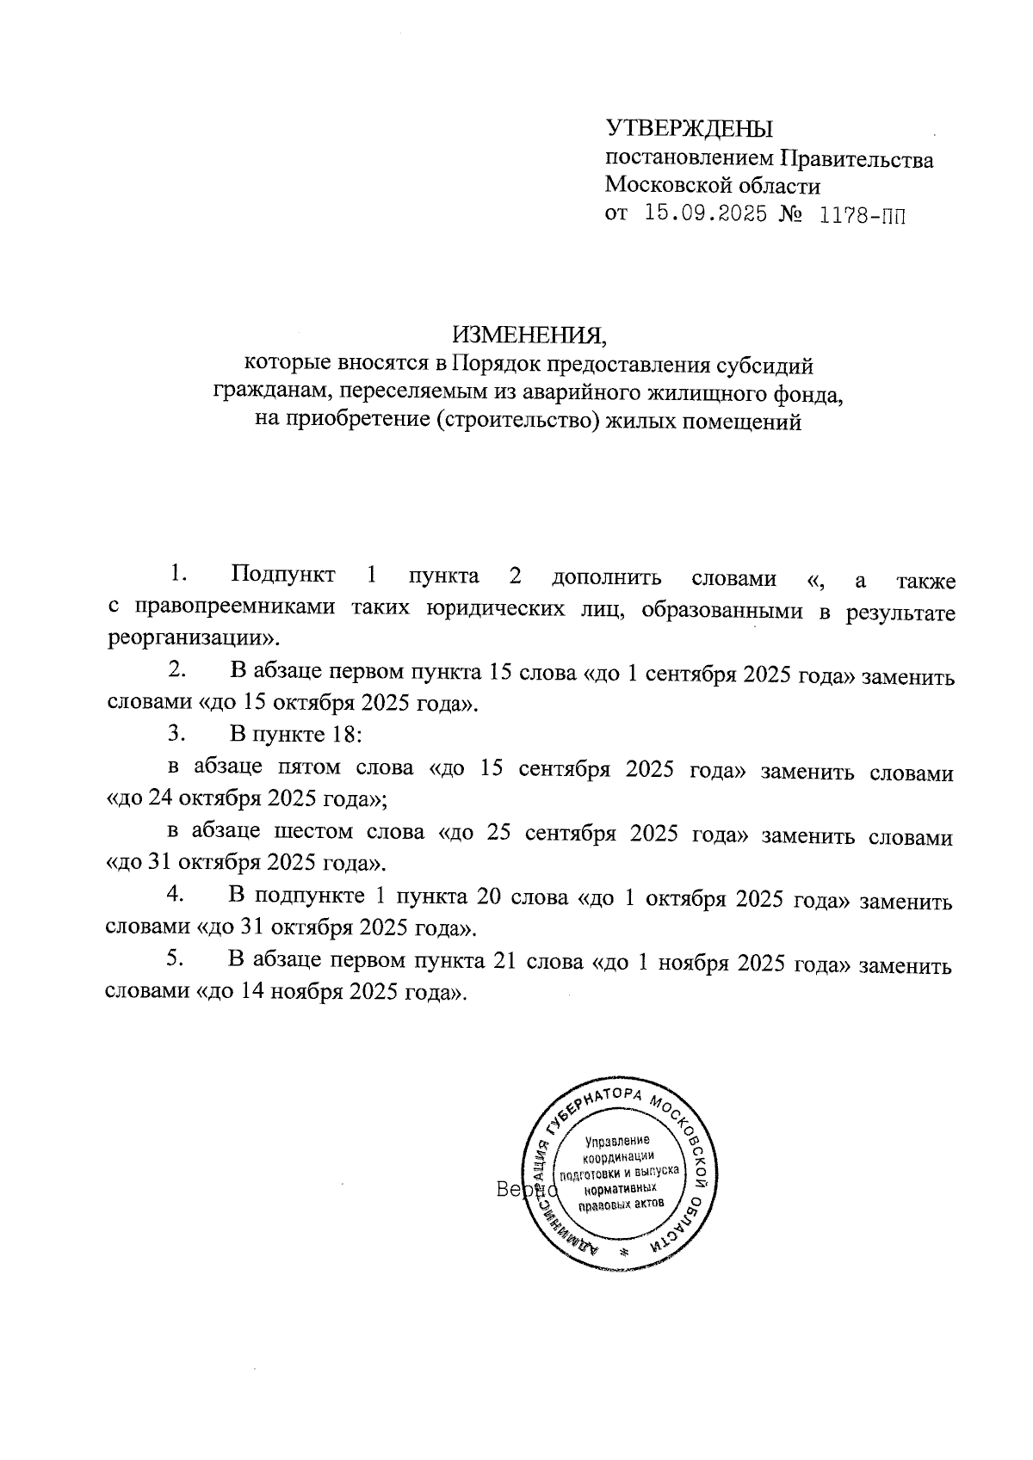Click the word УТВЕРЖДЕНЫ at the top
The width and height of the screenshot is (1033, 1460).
pyautogui.click(x=690, y=129)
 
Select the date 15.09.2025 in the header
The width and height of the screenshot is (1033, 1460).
pyautogui.click(x=706, y=214)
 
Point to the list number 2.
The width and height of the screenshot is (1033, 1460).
pyautogui.click(x=178, y=668)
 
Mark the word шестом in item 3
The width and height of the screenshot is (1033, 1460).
pyautogui.click(x=314, y=833)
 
